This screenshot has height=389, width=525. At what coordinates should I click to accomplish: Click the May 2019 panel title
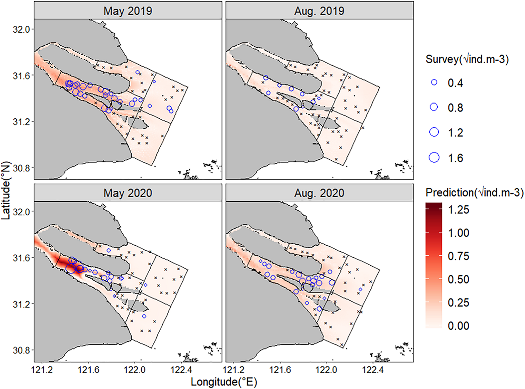pyautogui.click(x=128, y=11)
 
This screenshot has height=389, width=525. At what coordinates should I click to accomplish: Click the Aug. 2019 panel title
pyautogui.click(x=319, y=11)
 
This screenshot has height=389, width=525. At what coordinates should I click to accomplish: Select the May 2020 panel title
pyautogui.click(x=128, y=193)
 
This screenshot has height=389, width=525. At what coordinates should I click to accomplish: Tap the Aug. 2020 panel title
pyautogui.click(x=319, y=193)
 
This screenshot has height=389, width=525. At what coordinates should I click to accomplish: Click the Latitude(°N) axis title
pyautogui.click(x=6, y=190)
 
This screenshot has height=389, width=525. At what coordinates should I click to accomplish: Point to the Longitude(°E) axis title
pyautogui.click(x=224, y=382)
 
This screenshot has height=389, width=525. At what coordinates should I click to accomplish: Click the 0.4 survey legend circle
pyautogui.click(x=434, y=83)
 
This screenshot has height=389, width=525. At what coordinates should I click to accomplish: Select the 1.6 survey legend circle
pyautogui.click(x=434, y=158)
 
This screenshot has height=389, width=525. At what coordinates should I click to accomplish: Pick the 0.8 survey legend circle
pyautogui.click(x=434, y=107)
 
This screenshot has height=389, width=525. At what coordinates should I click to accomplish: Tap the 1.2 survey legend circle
pyautogui.click(x=434, y=132)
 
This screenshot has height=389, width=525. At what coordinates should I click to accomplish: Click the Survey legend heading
pyautogui.click(x=467, y=59)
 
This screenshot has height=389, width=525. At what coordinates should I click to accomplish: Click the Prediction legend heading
pyautogui.click(x=474, y=193)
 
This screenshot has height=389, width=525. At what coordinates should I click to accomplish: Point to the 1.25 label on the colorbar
pyautogui.click(x=458, y=210)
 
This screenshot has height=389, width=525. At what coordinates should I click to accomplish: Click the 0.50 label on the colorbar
pyautogui.click(x=458, y=279)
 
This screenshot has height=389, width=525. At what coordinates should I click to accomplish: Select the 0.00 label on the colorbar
pyautogui.click(x=458, y=326)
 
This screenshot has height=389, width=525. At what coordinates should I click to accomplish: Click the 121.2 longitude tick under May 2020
pyautogui.click(x=42, y=370)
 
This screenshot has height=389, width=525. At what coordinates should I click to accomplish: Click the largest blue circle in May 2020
pyautogui.click(x=71, y=269)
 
